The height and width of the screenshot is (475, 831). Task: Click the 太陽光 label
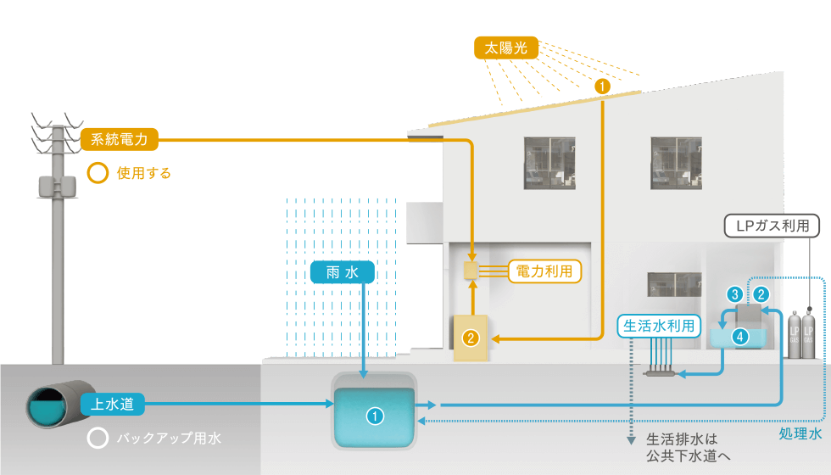click(x=506, y=48)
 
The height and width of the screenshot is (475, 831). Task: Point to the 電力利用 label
click(x=544, y=271)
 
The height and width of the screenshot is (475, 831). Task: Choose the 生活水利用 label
click(x=660, y=326)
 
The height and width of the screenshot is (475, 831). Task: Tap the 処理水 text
click(x=800, y=433)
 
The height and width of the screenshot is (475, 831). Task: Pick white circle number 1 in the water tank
click(x=374, y=416)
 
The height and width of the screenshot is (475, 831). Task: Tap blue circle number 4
click(x=740, y=337)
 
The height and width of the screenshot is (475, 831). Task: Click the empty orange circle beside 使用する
click(x=98, y=174)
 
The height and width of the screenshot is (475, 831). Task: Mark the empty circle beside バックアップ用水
click(x=98, y=439)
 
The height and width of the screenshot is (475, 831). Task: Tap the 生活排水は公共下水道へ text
click(x=687, y=447)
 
